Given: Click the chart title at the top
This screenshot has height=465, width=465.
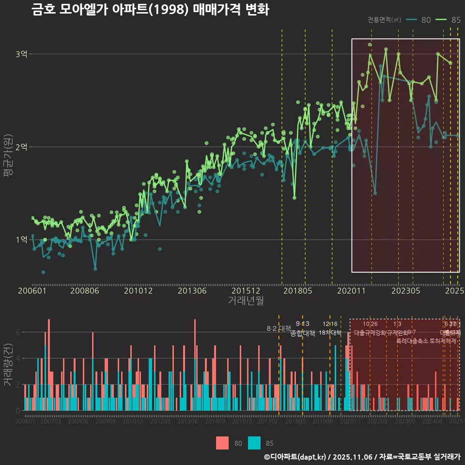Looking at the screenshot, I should (x=150, y=10).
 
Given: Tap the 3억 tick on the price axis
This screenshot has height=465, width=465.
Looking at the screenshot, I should (x=21, y=54).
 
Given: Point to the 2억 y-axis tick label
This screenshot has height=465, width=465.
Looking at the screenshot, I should (x=21, y=147).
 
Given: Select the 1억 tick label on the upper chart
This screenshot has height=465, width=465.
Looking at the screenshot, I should (x=21, y=240).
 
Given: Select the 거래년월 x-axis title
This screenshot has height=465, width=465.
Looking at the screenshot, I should (x=246, y=301).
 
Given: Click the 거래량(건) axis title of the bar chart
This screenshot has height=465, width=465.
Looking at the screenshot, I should (x=8, y=364).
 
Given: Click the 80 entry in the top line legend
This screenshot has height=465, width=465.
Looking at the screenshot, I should (x=419, y=20).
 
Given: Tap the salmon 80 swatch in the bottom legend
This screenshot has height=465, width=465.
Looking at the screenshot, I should (x=222, y=443).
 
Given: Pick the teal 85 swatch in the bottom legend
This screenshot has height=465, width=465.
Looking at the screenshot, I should (x=254, y=443).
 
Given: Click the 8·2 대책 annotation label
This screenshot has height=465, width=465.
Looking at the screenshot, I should (x=279, y=328).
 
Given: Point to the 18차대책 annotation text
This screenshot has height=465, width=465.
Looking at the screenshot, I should (x=330, y=333).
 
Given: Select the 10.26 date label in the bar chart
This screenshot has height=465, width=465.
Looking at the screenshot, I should (x=370, y=324).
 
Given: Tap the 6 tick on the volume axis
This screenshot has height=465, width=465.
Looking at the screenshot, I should (x=18, y=332).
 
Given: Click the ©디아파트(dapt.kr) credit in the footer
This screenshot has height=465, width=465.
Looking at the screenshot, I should (x=296, y=457).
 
